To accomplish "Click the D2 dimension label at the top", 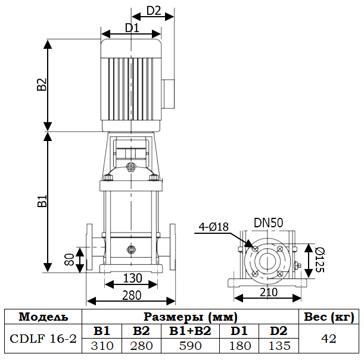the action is pos(154,11).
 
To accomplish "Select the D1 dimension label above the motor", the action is pos(132,28).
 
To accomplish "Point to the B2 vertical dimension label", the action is pos(42,84).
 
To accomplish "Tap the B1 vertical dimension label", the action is pos(42,201).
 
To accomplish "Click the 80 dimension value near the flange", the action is pos(69,259).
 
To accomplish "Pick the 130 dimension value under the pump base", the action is pos(132,278).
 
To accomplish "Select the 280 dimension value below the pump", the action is pos(132,295).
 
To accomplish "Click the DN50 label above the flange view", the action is pos(268,223).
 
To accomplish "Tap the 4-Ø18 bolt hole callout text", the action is pos(213,227).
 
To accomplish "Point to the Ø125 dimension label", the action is pos(320,259).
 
